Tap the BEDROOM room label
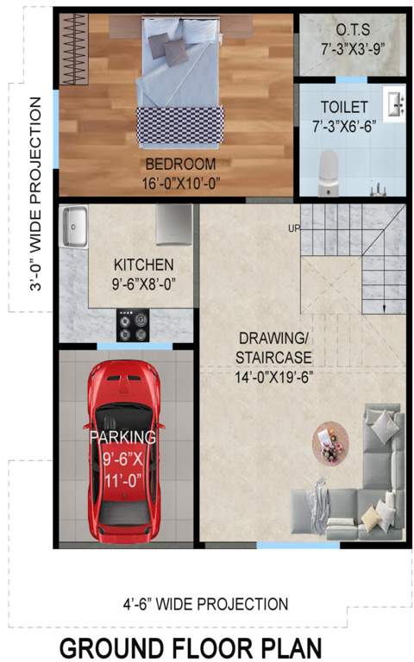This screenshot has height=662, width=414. tap(180, 164)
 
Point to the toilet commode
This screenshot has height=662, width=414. tap(329, 169)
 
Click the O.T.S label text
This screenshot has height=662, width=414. tap(353, 28)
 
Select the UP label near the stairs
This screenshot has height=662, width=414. tap(294, 228)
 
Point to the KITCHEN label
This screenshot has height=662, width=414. tap(143, 265)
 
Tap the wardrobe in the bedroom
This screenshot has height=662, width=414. tap(75, 49)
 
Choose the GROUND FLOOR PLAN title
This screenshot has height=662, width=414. tap(191, 646)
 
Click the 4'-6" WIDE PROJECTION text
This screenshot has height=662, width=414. tap(205, 604)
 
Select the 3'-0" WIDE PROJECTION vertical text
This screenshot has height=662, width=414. tap(35, 193)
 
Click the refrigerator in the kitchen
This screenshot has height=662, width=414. tap(174, 225)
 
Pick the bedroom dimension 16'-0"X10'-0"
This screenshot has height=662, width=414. tap(181, 183)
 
